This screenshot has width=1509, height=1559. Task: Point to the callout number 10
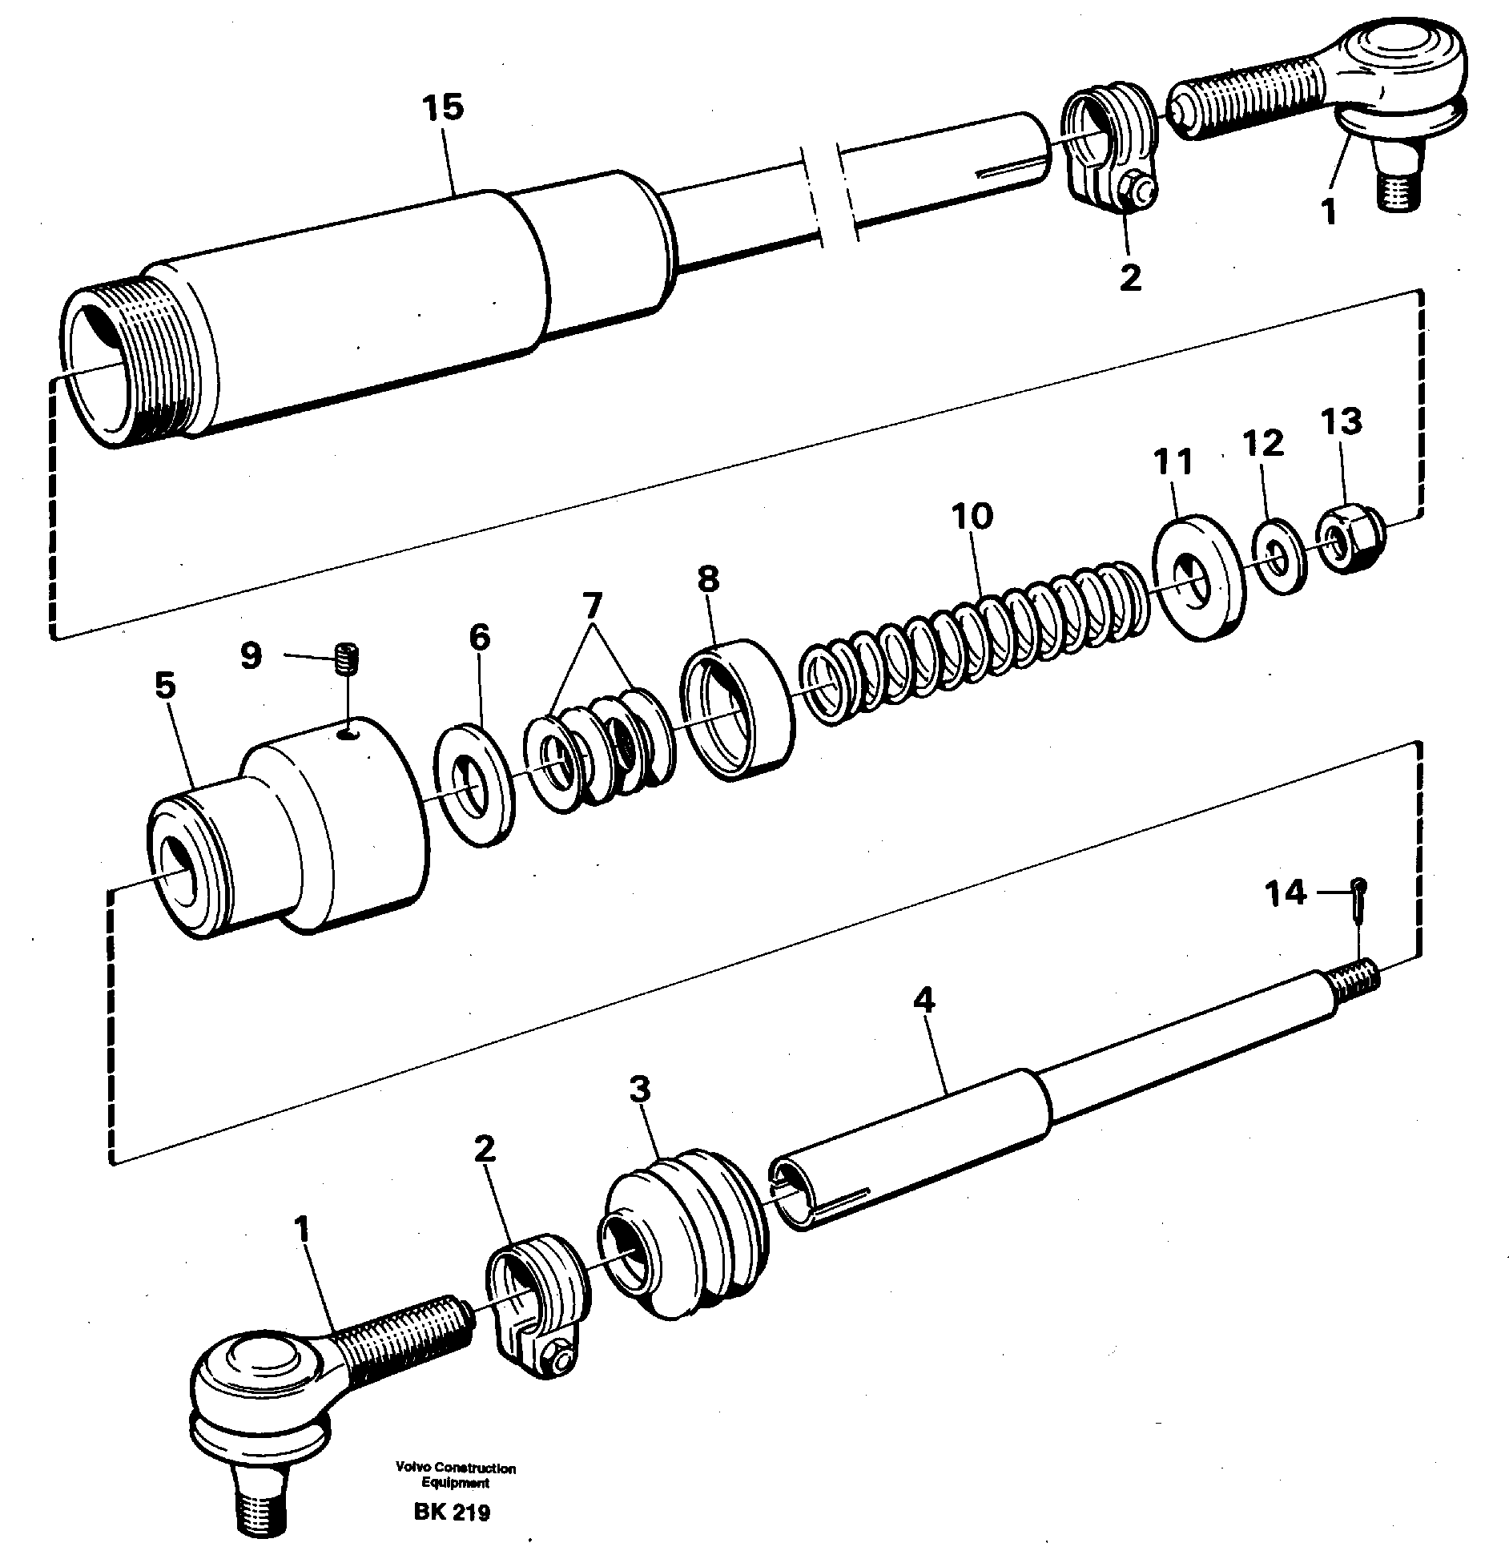[x=972, y=517]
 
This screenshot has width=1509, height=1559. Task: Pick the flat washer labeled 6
[x=473, y=784]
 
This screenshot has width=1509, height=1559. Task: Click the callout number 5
[x=165, y=687]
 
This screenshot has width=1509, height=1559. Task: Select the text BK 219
[x=453, y=1512]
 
